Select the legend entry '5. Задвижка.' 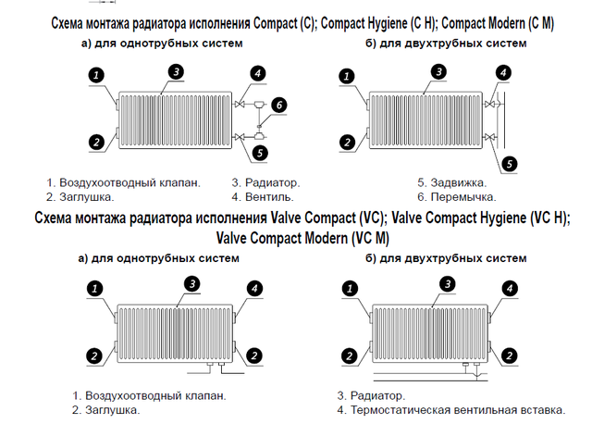click(451, 182)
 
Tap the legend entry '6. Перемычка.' click(456, 197)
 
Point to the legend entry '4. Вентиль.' click(264, 197)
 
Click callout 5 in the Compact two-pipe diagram click(508, 164)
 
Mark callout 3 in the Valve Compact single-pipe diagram click(191, 283)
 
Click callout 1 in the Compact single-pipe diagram click(96, 75)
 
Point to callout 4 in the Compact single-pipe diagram click(257, 73)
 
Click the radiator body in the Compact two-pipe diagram click(425, 118)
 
